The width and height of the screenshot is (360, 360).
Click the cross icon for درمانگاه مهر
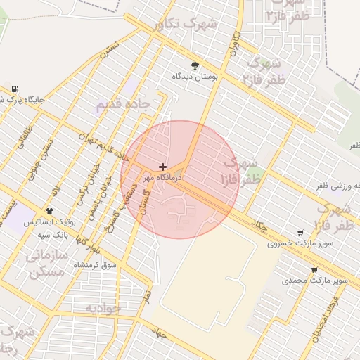click(163, 167)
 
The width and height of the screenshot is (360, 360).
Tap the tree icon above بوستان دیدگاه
click(195, 65)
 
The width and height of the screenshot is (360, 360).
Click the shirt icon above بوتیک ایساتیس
click(49, 211)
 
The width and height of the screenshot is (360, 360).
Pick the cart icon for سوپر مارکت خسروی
click(301, 233)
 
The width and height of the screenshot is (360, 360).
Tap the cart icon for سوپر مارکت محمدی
click(314, 269)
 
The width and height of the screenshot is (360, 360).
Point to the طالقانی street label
click(25, 136)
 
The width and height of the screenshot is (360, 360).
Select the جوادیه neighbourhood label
click(103, 309)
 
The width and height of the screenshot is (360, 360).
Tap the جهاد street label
click(159, 333)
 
